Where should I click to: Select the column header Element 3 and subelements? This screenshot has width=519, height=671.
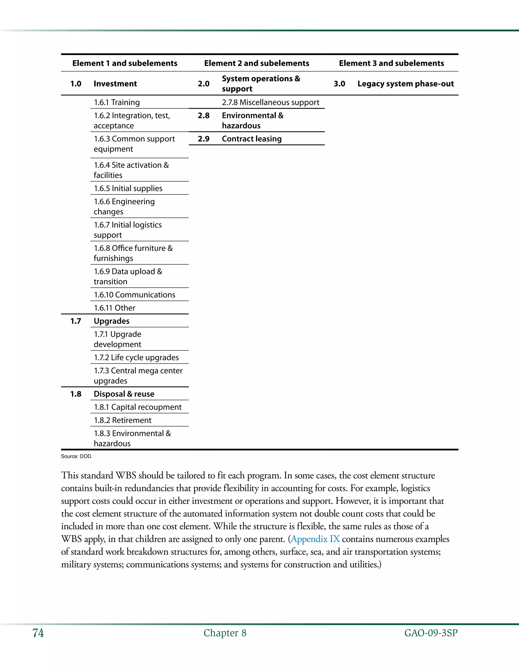coord(391,63)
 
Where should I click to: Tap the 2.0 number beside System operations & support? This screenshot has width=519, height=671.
coord(203,84)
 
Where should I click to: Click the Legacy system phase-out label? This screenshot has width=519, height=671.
coord(405,84)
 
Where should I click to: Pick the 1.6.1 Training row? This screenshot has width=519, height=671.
coord(117,102)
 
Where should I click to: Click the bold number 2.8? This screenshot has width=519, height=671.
coord(203,115)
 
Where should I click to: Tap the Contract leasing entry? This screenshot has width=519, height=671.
coord(251,139)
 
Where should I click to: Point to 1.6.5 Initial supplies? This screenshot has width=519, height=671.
coord(128,188)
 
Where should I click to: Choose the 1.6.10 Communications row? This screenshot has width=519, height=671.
coord(134,295)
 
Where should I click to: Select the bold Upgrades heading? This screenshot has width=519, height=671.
coord(111,321)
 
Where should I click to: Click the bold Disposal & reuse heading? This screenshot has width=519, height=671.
coord(124,394)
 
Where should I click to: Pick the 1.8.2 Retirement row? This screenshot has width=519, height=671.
coord(122,420)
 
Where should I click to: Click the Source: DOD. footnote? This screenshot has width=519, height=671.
coord(77,457)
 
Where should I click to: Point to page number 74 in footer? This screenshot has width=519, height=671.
coord(38,633)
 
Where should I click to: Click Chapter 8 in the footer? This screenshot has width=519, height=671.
coord(225,633)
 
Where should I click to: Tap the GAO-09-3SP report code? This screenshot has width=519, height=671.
coord(431,633)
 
